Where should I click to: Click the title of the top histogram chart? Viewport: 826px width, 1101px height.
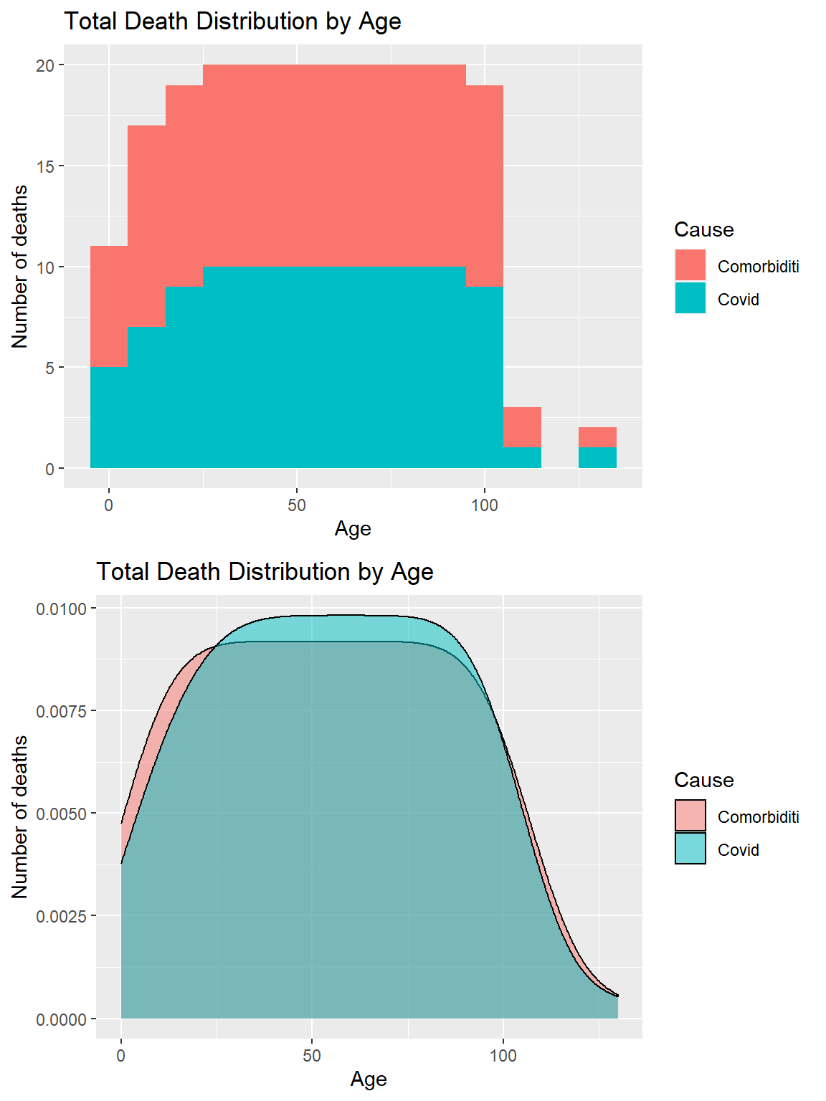232,22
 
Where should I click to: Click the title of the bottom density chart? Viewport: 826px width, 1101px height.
265,572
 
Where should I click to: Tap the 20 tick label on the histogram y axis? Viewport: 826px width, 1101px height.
45,65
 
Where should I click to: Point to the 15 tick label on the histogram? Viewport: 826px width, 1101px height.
45,166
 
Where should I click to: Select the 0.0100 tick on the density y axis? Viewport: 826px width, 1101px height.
61,609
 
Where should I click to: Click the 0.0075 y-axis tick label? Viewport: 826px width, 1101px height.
61,711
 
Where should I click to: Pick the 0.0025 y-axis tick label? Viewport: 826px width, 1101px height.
61,917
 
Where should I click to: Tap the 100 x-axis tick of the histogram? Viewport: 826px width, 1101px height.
485,505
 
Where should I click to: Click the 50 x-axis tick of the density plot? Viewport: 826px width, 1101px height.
312,1056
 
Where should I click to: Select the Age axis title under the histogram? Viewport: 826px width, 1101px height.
353,529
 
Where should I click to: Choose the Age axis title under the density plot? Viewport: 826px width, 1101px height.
369,1079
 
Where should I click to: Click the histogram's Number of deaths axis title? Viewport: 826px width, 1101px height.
20,267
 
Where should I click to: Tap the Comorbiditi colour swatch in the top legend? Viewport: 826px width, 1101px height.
690,265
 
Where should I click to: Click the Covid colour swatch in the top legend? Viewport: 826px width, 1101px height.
690,298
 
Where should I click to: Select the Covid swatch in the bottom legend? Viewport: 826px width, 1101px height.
690,849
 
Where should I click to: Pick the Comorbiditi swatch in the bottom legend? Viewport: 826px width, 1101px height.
690,816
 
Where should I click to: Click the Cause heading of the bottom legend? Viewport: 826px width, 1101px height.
704,780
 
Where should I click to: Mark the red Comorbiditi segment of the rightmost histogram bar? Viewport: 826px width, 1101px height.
597,437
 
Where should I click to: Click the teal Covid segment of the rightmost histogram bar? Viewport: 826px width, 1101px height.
597,458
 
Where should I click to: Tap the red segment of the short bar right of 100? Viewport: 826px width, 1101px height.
522,427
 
